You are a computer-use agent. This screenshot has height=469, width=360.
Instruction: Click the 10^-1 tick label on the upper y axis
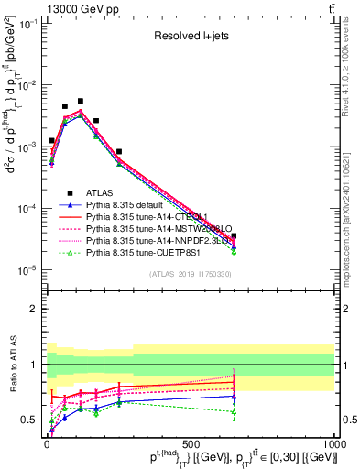click(x=27, y=25)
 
